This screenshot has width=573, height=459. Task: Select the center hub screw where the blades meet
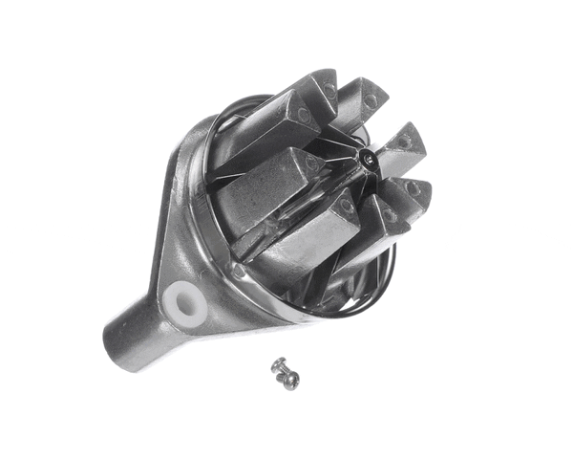366,159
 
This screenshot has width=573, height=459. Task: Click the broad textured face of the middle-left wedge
253,191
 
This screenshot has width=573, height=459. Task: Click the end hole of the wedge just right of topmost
371,99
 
